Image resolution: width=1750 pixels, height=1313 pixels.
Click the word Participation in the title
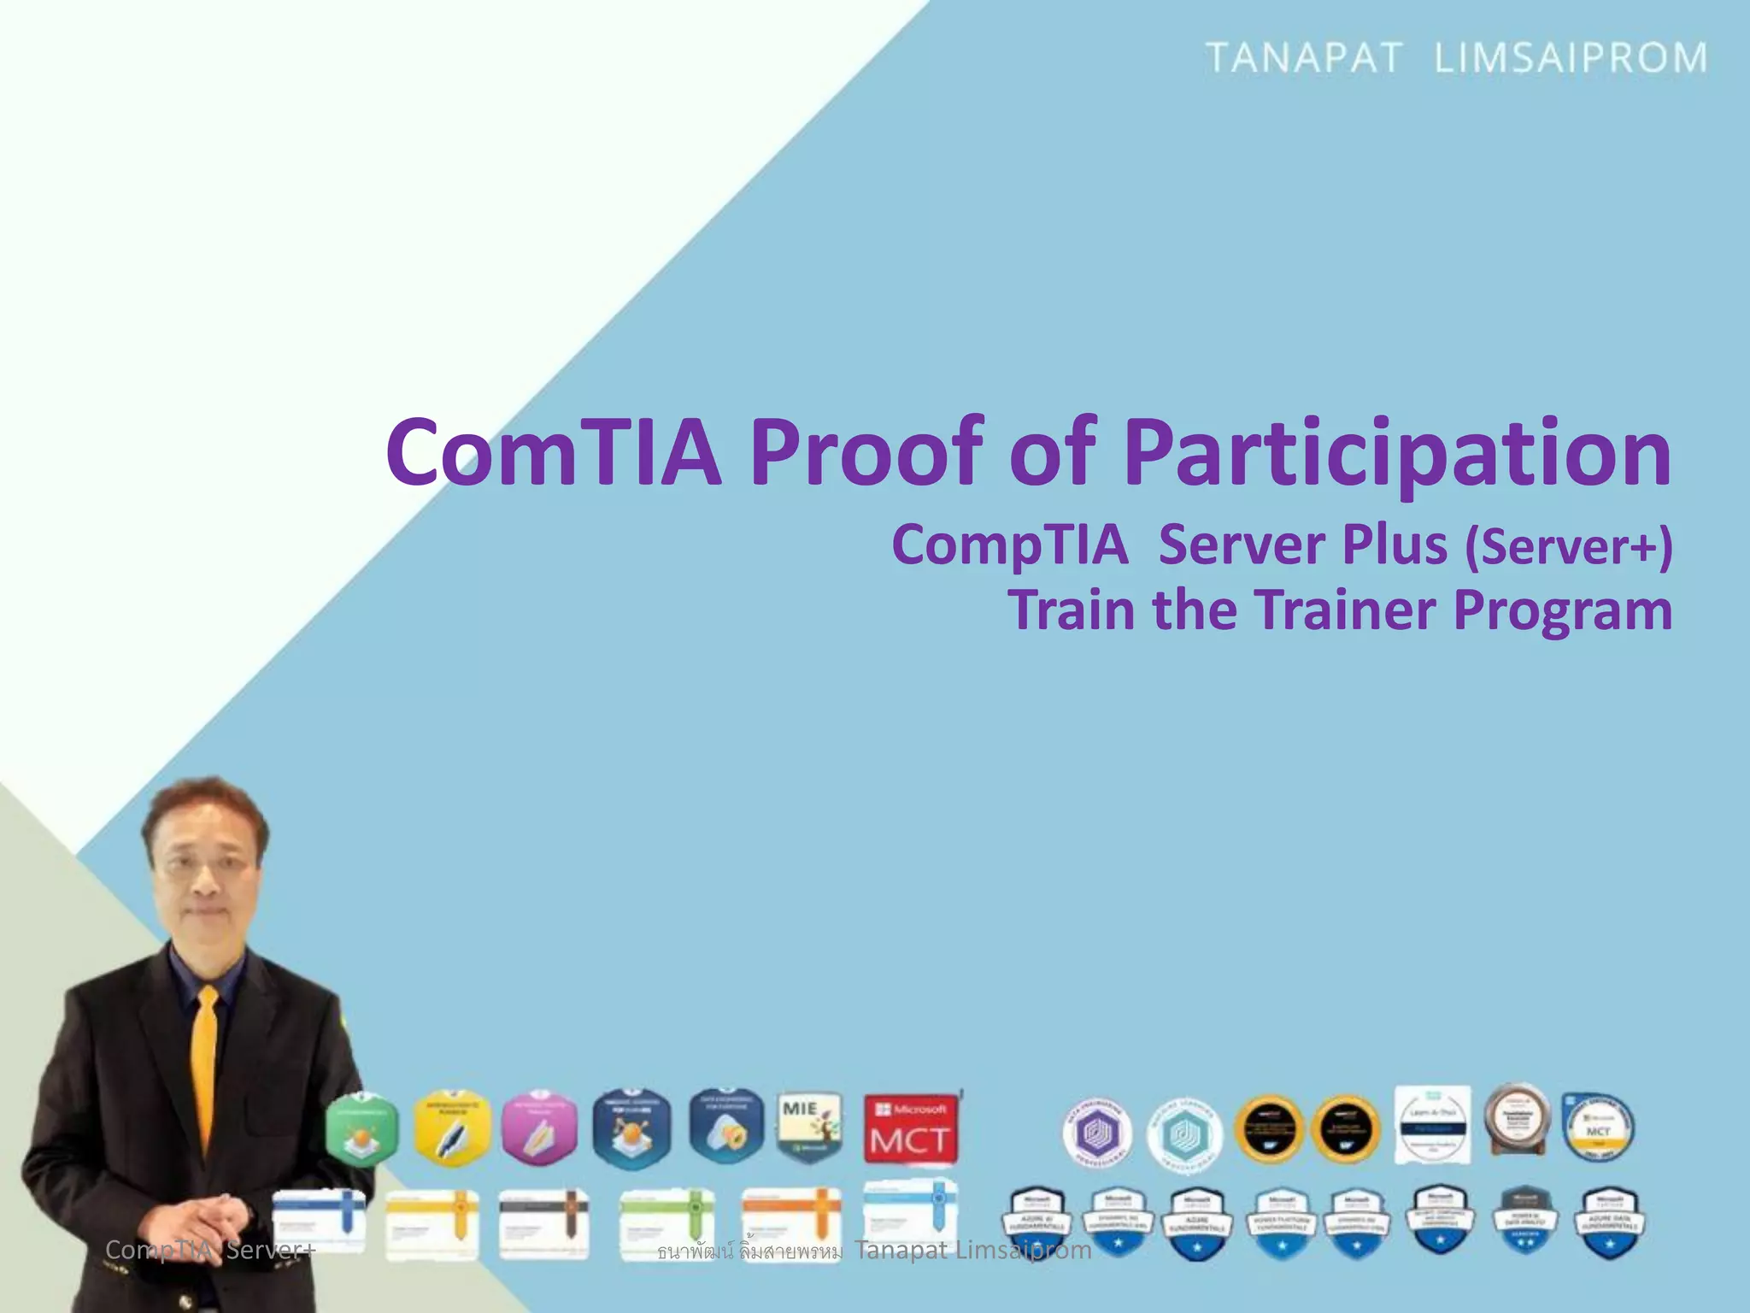click(x=1397, y=453)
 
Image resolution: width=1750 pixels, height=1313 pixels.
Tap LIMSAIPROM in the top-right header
click(x=1571, y=58)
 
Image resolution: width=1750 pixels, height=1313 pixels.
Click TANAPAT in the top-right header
click(x=1304, y=58)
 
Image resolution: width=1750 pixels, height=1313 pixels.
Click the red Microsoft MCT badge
click(x=910, y=1130)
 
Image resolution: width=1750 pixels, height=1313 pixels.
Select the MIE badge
click(x=809, y=1128)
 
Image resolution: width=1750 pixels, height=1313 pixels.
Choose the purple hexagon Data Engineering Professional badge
click(x=1097, y=1133)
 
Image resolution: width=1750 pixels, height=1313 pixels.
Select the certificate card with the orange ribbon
click(x=791, y=1224)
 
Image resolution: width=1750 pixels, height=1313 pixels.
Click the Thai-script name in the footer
click(x=749, y=1252)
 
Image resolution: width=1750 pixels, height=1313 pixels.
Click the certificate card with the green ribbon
click(x=667, y=1224)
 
